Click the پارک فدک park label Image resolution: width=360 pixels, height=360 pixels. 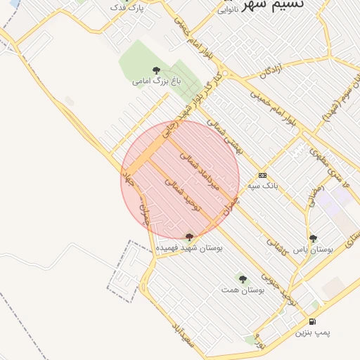tap(128, 7)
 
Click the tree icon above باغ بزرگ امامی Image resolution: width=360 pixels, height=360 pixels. tap(156, 70)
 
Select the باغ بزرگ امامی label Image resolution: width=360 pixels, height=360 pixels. tap(156, 82)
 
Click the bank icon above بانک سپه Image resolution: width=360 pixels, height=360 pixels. tap(262, 175)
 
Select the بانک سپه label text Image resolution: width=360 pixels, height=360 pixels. tap(263, 186)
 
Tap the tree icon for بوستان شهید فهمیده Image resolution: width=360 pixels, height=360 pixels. tap(188, 238)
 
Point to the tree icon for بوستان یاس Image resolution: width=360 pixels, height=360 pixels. tap(313, 238)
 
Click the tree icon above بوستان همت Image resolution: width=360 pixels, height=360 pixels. tap(243, 279)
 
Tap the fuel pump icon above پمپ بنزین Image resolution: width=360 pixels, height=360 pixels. tap(312, 320)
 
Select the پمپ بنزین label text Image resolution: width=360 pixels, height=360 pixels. tap(311, 331)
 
